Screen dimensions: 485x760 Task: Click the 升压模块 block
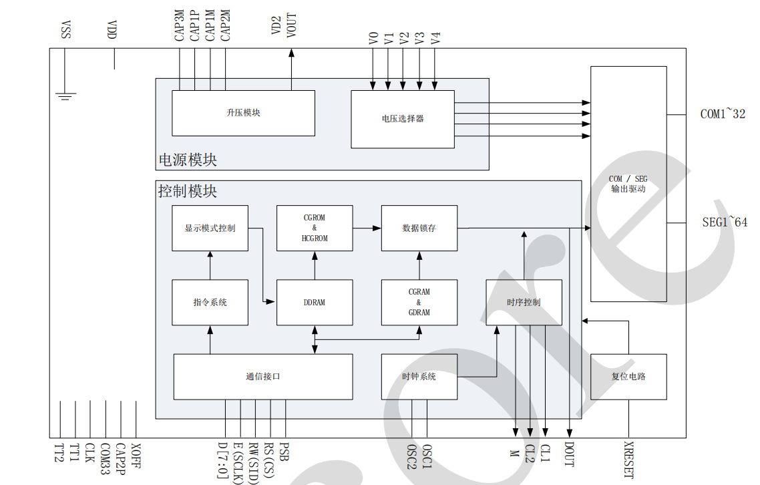243,113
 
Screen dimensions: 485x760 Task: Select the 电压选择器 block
403,119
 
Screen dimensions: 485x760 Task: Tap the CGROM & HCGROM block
315,228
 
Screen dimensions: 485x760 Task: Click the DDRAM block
315,303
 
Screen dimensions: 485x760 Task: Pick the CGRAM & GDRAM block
419,303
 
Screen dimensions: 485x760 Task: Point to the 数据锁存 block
419,228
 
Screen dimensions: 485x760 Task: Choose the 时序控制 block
524,303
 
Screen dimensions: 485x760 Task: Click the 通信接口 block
263,377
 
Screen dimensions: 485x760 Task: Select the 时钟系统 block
419,377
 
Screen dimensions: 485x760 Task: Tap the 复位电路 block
628,377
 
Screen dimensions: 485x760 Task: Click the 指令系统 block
210,303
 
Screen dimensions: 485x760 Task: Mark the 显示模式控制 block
210,228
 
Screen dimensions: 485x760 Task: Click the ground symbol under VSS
65,96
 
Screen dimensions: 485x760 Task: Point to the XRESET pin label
628,459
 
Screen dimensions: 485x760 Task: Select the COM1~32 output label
723,114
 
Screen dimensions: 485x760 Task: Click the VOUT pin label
292,25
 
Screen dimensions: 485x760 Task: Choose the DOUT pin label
569,454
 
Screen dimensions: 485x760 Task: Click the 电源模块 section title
188,160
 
